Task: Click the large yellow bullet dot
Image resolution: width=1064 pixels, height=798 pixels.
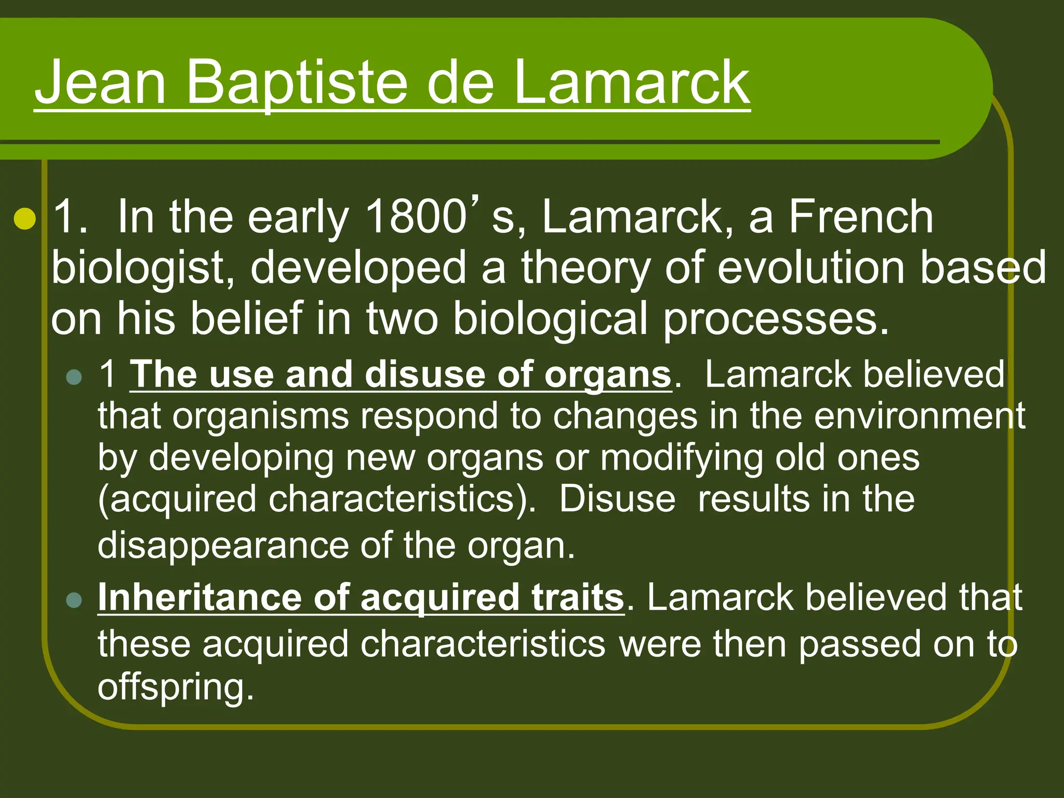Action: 24,219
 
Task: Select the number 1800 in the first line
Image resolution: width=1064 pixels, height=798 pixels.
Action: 416,217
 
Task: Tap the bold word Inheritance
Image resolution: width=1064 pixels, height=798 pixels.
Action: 199,597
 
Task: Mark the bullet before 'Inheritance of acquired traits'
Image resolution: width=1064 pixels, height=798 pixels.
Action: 75,600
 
